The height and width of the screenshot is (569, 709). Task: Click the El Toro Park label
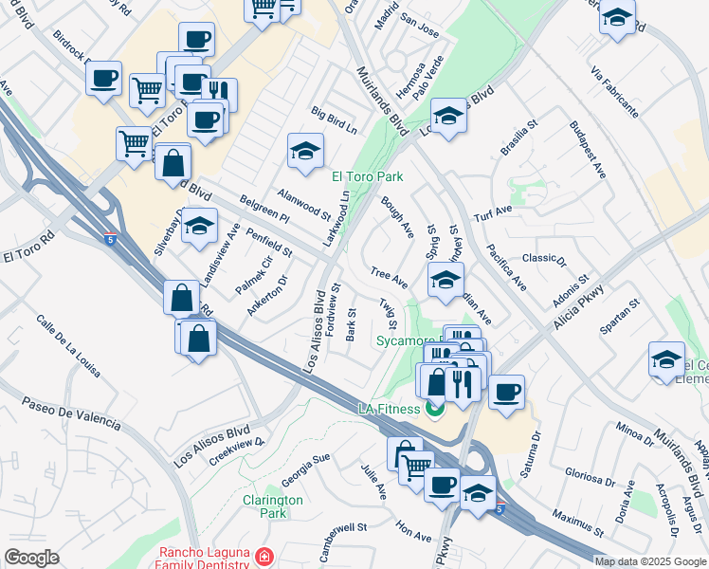(x=367, y=176)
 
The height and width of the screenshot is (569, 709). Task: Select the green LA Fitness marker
(x=435, y=409)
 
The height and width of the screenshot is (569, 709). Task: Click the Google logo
(x=32, y=558)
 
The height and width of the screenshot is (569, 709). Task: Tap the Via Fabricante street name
(x=613, y=93)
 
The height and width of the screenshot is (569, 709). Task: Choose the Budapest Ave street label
(x=588, y=149)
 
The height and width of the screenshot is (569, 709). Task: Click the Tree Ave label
(x=389, y=277)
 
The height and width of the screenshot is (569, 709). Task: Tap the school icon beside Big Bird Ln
(x=305, y=152)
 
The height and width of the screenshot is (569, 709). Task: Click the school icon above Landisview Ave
(x=199, y=226)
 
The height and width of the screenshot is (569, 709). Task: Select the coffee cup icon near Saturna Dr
(x=507, y=391)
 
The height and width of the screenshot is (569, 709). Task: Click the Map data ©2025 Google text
(x=649, y=561)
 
